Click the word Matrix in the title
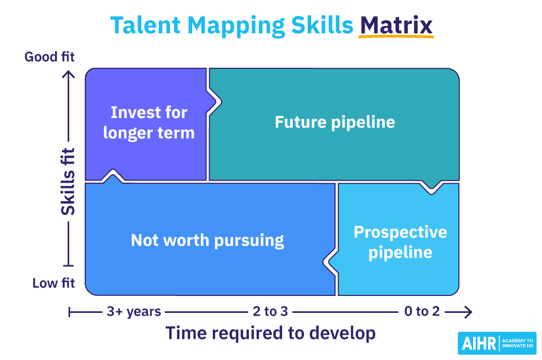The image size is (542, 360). [396, 25]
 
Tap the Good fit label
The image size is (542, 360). [50, 57]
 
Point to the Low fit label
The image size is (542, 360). [53, 283]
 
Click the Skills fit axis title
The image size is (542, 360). [68, 181]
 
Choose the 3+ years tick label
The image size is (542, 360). [133, 311]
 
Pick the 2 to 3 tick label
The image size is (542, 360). [270, 311]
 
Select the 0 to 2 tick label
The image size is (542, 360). [421, 311]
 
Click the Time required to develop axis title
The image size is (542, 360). [270, 333]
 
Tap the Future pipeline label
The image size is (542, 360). [335, 122]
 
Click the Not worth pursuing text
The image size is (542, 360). [207, 240]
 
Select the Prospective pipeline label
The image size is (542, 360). [400, 241]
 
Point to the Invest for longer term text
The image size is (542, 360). [149, 122]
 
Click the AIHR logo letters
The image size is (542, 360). [478, 344]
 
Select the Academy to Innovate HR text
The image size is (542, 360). [517, 343]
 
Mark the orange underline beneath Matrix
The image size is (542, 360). [396, 37]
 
